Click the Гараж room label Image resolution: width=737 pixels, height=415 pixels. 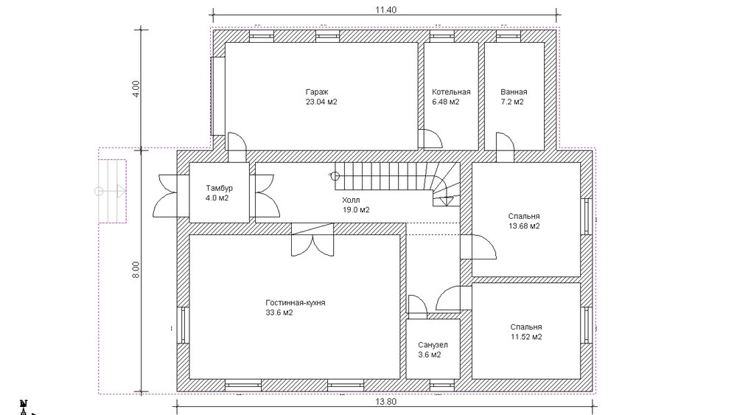317,92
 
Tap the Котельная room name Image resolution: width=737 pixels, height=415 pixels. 451,92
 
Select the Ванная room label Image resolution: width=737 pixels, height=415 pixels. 514,92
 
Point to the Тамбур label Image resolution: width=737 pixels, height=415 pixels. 219,188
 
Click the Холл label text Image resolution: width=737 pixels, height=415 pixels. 351,200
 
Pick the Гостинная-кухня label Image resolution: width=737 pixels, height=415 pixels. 296,303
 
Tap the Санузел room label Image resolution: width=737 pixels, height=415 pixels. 433,345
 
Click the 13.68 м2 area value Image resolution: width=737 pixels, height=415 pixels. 524,226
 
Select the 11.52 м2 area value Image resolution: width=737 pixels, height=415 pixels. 526,337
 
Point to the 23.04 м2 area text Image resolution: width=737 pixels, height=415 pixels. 321,102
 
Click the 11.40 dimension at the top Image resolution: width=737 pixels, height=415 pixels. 385,10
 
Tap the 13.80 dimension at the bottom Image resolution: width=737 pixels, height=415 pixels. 385,402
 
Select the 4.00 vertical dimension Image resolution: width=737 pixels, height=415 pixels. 136,89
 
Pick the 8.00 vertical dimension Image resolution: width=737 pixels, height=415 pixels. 136,269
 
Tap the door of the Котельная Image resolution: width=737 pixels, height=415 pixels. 430,139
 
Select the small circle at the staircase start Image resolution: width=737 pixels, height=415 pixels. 335,176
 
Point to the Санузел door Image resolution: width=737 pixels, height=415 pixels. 417,307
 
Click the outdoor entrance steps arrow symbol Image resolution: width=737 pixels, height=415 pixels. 112,191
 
